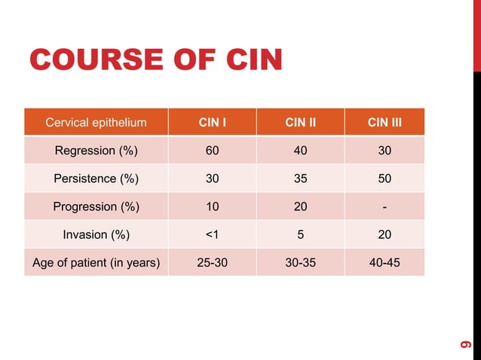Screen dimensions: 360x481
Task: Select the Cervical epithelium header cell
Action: (96, 122)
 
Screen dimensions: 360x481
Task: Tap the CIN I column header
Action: (213, 122)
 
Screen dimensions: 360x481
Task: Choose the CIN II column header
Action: (300, 122)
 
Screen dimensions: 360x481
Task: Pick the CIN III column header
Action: (384, 122)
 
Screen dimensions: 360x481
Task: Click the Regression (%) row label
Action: (96, 151)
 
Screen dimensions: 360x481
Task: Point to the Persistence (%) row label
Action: (96, 178)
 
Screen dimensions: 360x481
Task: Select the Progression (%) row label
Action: (96, 206)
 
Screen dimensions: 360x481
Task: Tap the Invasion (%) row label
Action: (96, 234)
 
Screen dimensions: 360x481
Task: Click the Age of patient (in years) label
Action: (96, 263)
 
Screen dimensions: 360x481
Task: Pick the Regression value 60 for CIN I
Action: (213, 151)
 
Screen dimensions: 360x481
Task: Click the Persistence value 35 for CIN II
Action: (300, 178)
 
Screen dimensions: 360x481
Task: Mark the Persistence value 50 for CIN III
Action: (384, 178)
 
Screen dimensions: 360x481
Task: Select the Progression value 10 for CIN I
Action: (213, 206)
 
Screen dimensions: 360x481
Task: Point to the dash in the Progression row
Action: (384, 206)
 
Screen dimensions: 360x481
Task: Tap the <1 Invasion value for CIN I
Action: (213, 234)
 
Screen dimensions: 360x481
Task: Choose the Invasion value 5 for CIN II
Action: (300, 234)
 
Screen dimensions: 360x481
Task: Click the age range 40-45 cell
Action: (384, 263)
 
